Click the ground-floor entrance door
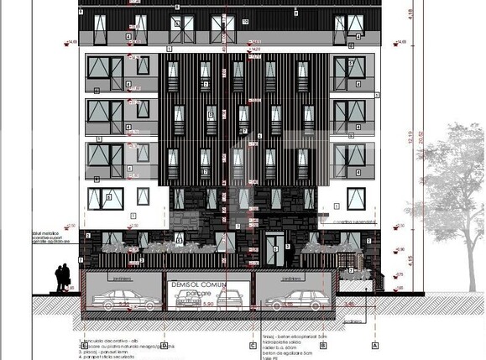click(x=273, y=249)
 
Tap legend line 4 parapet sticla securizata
click(x=109, y=357)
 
